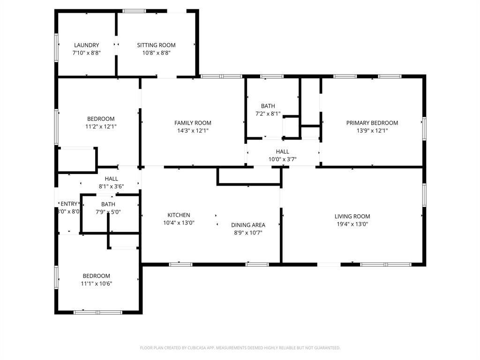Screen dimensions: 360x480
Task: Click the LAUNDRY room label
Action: (x=86, y=45)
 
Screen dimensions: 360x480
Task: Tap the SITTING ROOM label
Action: (x=156, y=45)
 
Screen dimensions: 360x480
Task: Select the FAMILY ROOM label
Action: (x=193, y=123)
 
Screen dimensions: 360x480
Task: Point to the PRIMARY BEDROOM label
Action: (x=372, y=123)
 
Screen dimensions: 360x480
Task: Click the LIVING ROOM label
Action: (x=352, y=216)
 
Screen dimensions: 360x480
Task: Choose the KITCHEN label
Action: (x=179, y=215)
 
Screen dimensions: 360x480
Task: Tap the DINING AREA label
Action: (x=248, y=225)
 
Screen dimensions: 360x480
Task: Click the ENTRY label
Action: (x=69, y=203)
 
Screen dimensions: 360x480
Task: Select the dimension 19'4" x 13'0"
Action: (x=352, y=224)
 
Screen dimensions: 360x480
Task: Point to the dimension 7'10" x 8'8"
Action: (x=86, y=53)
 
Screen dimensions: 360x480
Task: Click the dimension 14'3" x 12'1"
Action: (x=193, y=131)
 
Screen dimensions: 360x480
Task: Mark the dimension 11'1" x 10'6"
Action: (x=96, y=284)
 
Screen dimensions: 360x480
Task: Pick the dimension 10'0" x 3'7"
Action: (x=282, y=159)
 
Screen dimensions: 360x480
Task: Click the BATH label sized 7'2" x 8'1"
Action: (x=268, y=106)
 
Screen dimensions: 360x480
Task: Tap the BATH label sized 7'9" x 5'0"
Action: (x=108, y=204)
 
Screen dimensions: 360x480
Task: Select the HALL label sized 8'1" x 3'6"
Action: (x=111, y=179)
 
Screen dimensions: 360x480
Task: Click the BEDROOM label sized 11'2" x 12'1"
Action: (x=100, y=119)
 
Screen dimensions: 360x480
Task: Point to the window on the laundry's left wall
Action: (x=57, y=47)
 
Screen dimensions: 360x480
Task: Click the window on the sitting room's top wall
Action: (x=134, y=11)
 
